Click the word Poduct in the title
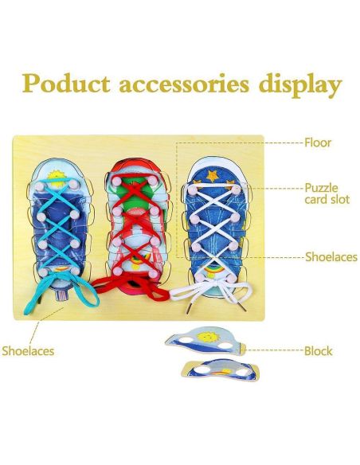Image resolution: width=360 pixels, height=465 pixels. click(66, 84)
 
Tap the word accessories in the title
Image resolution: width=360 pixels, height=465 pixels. click(184, 84)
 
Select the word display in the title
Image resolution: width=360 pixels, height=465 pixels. click(300, 86)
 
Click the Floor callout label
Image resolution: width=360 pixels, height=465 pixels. click(318, 143)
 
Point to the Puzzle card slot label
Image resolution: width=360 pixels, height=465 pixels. click(327, 193)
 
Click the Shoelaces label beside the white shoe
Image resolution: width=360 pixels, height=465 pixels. click(331, 257)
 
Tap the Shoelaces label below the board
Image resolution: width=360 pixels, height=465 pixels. click(28, 351)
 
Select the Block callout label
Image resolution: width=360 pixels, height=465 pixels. click(319, 351)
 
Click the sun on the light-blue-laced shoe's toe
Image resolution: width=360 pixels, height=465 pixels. click(56, 178)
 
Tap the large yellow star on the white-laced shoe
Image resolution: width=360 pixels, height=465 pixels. click(213, 175)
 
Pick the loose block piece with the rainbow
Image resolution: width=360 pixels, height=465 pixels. click(221, 370)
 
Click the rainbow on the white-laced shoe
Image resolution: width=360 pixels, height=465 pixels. click(210, 271)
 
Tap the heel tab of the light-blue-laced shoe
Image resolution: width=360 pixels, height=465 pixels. click(61, 295)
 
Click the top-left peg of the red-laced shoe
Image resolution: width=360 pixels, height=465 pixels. click(116, 180)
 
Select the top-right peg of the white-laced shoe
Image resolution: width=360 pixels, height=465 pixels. click(236, 190)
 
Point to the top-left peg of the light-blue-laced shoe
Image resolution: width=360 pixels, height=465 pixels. click(40, 186)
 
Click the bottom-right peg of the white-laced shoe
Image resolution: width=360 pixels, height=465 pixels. click(231, 279)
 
